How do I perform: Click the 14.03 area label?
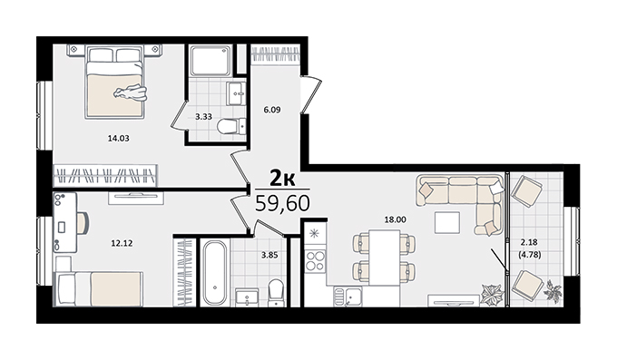pos(119,139)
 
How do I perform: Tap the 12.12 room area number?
pos(122,244)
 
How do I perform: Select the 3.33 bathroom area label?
pos(204,116)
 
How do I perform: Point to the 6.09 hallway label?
pos(272,110)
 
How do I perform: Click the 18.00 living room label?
pos(395,220)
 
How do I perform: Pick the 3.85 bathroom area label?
pos(269,255)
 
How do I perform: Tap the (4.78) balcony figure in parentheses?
pos(529,255)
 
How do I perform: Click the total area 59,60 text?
pos(282,204)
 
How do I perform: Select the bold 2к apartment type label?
pos(282,179)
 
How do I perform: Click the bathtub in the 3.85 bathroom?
pos(214,273)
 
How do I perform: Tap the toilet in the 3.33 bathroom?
pos(231,126)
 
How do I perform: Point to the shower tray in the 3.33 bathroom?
pos(211,60)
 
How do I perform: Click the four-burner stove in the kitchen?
pos(316,261)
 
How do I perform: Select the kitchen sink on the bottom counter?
pos(348,297)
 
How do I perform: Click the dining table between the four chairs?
pos(385,257)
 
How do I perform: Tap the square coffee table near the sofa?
pos(447,223)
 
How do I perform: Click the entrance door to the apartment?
pos(311,95)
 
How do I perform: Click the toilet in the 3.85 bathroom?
pos(276,292)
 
